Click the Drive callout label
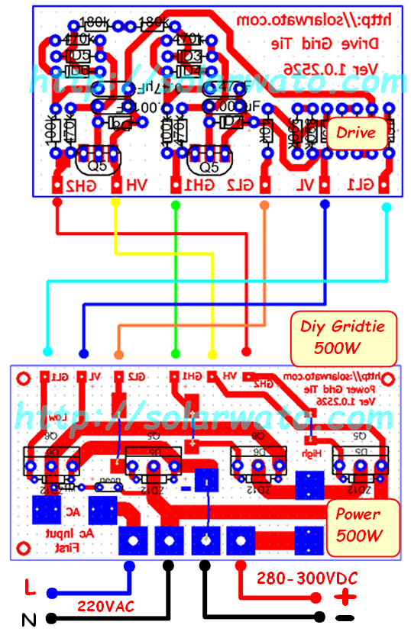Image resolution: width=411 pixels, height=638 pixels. click(x=356, y=133)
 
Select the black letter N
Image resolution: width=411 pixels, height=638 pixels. click(x=29, y=620)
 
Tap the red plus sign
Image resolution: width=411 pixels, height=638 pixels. click(x=348, y=597)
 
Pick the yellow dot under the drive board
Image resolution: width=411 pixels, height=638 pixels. click(x=115, y=203)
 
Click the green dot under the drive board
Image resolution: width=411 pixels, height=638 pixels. click(x=175, y=204)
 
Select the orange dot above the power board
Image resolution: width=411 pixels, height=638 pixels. click(x=118, y=354)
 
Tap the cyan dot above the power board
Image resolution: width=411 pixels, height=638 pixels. click(x=48, y=352)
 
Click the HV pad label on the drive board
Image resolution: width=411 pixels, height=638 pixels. click(x=136, y=185)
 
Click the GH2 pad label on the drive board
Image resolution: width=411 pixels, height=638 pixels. click(x=79, y=185)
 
